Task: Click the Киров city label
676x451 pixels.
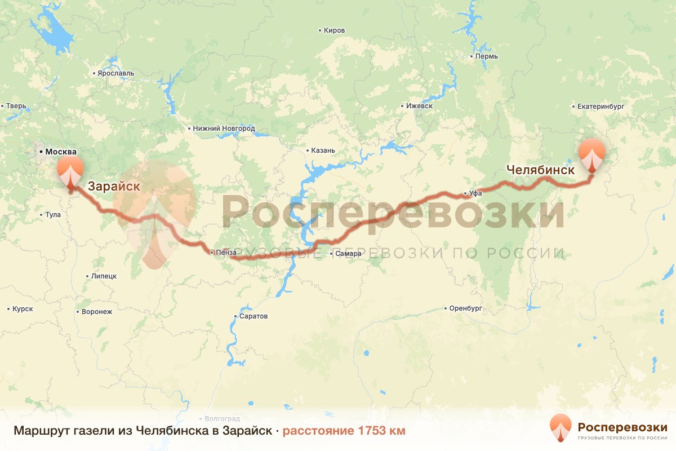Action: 334,30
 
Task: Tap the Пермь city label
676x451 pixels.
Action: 486,57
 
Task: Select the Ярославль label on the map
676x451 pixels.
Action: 115,73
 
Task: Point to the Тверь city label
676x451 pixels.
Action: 16,106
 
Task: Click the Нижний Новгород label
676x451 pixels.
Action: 224,129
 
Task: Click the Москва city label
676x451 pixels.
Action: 60,152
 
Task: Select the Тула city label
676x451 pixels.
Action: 53,215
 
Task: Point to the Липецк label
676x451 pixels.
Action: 103,276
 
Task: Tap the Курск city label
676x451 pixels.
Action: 23,309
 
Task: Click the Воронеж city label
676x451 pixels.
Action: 97,311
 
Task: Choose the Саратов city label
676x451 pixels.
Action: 253,316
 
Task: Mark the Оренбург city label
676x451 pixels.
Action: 466,308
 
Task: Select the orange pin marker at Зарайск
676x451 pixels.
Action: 70,171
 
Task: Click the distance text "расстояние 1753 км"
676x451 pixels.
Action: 344,431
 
